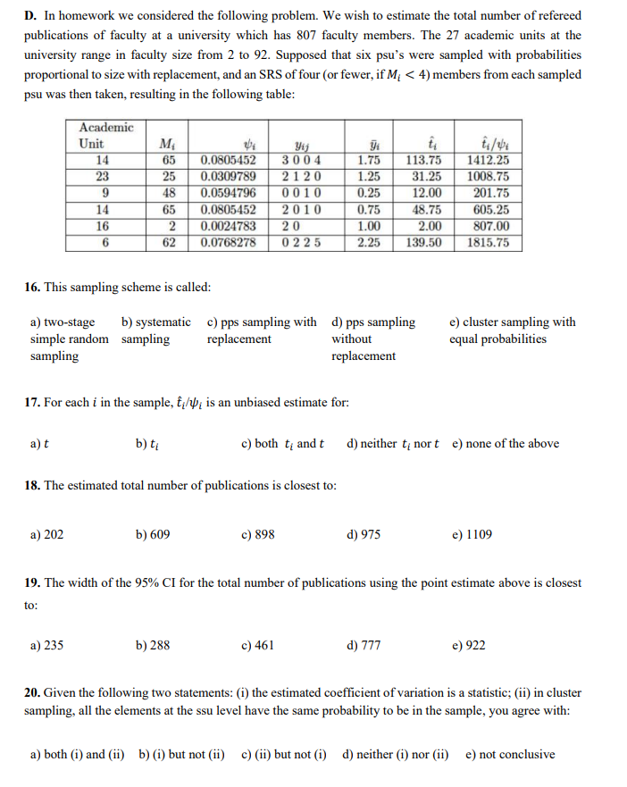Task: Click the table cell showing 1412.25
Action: point(489,161)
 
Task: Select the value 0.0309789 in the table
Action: point(229,177)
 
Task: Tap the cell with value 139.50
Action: point(423,242)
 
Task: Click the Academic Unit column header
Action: point(105,136)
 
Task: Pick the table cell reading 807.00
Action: point(489,226)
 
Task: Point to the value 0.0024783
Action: point(229,226)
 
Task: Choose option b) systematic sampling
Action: point(155,331)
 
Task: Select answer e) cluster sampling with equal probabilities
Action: point(513,331)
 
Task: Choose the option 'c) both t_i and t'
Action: point(282,443)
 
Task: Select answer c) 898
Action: point(258,534)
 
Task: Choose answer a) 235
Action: point(46,645)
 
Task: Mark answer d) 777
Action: point(363,645)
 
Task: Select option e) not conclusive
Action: point(509,754)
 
